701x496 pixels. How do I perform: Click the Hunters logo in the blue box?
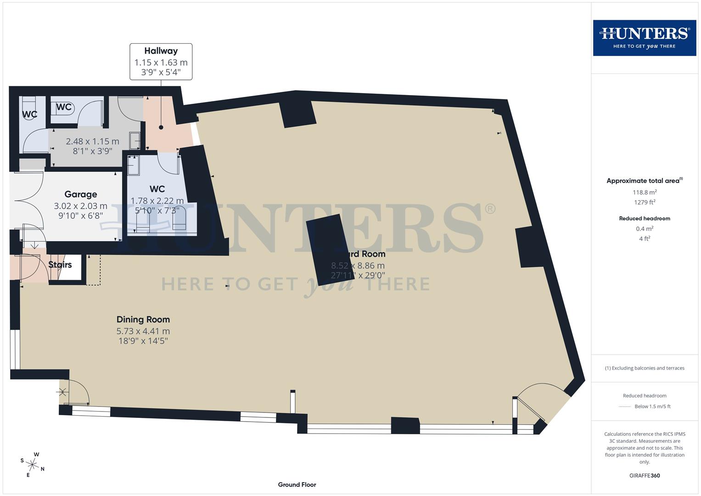click(644, 38)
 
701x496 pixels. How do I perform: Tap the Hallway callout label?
click(161, 62)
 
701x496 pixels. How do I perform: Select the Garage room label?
click(81, 194)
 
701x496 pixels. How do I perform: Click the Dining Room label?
click(143, 319)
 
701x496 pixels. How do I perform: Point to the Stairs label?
click(60, 265)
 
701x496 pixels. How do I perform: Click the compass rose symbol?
click(32, 464)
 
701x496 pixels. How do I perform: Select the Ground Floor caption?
click(297, 485)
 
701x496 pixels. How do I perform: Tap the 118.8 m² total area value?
click(644, 192)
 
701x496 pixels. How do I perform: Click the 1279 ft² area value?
click(644, 202)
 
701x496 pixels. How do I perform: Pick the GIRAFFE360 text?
click(644, 475)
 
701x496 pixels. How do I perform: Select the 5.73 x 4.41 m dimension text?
click(143, 331)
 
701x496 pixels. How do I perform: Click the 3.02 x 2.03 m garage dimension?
click(81, 206)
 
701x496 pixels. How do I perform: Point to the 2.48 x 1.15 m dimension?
click(92, 141)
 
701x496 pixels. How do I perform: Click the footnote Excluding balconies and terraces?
click(644, 368)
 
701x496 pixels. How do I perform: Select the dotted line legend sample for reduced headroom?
click(625, 406)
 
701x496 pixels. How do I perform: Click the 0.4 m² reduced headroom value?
click(644, 229)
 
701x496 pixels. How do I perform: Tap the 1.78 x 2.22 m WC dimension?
click(157, 201)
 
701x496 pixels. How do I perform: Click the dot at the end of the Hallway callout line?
click(161, 128)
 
